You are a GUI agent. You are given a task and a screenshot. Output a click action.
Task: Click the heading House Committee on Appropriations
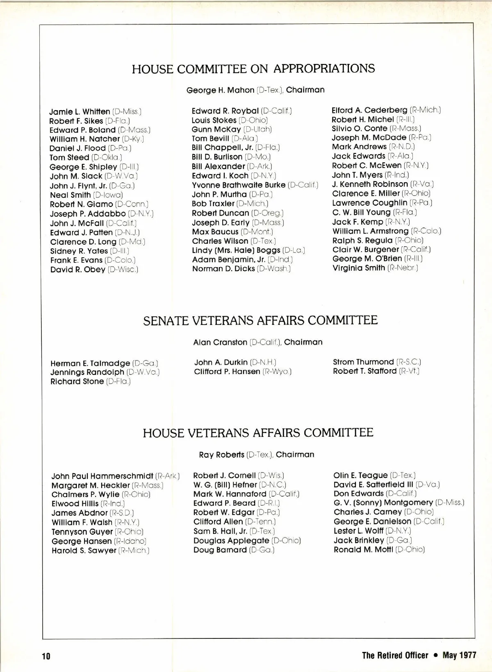tap(253, 68)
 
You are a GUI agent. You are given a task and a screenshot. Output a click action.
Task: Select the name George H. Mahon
tap(220, 90)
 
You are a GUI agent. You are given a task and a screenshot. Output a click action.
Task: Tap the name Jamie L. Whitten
tap(80, 112)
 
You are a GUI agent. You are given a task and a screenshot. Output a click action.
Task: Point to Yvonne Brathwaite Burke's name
tap(239, 185)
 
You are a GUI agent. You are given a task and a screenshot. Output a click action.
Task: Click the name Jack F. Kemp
tap(358, 222)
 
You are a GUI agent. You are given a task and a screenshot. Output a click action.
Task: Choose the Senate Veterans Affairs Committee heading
tap(260, 320)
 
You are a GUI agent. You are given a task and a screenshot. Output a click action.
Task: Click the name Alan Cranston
tap(220, 342)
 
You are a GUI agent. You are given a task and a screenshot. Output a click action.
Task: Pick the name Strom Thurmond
tap(363, 362)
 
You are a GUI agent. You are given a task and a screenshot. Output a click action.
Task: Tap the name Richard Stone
tap(77, 381)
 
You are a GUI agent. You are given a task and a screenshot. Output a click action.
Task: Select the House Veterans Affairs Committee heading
tap(258, 433)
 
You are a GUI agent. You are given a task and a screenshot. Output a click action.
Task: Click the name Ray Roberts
tap(221, 455)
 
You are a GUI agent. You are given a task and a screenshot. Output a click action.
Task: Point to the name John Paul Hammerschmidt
tap(102, 476)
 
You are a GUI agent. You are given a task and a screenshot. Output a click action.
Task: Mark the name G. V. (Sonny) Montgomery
tap(383, 502)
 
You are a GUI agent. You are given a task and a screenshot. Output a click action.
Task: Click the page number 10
tap(46, 656)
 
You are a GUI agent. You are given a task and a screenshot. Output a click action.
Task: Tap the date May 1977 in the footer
tap(459, 655)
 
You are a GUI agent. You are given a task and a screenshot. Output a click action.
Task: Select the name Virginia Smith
tap(359, 268)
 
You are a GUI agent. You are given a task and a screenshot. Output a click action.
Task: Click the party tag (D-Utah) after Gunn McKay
tap(257, 129)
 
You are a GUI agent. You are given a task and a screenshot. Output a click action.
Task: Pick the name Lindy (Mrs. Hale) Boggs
tap(236, 250)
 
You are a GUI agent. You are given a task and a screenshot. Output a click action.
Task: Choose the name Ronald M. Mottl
tap(363, 549)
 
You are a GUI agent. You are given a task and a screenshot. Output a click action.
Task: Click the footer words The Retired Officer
tap(395, 655)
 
